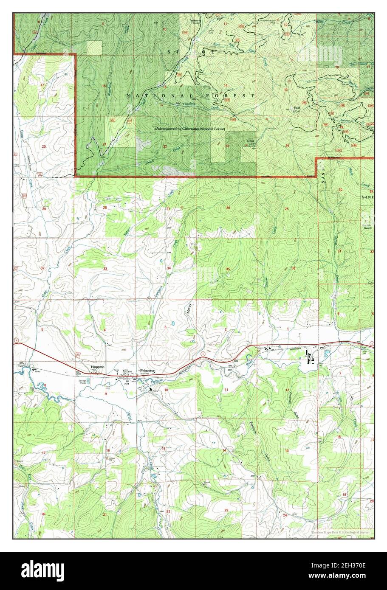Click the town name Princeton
coord(147,371)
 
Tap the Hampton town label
coord(97,366)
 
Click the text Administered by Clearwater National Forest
coord(190,128)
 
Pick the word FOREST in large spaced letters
coord(234,96)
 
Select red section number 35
coord(228,269)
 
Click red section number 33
coord(105,269)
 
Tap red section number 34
coord(169,268)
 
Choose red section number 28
coord(105,208)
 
